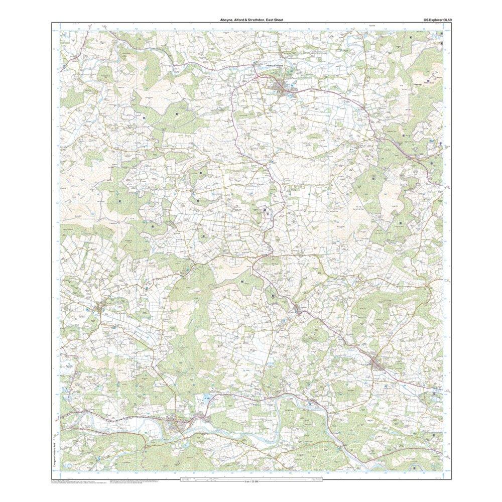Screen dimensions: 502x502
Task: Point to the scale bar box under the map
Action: pyautogui.click(x=251, y=479)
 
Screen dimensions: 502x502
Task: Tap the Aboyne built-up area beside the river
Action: pyautogui.click(x=176, y=427)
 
